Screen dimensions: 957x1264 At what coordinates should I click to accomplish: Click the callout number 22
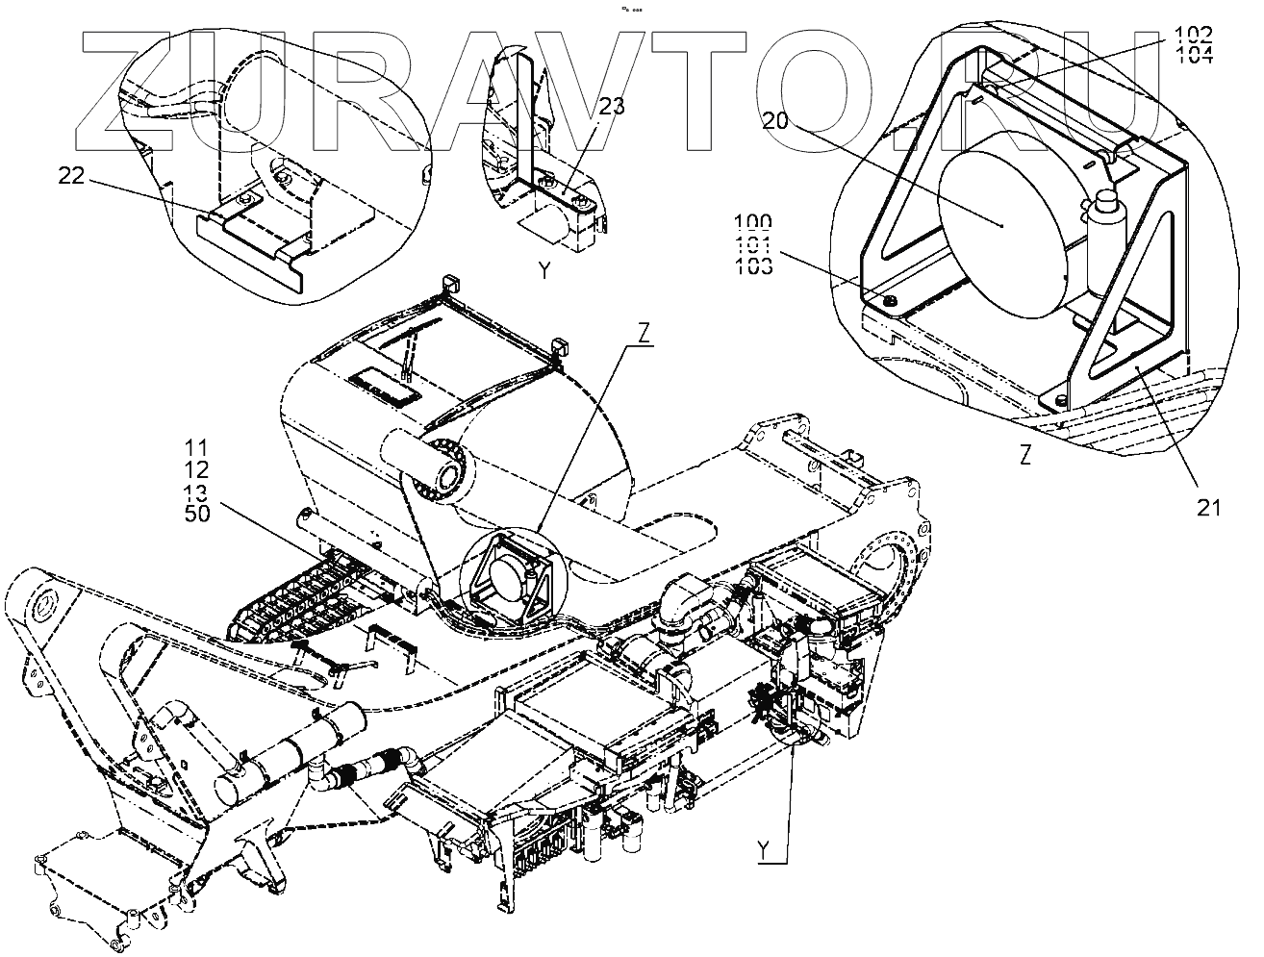click(x=72, y=176)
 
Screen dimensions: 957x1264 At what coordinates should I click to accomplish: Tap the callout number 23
click(x=612, y=108)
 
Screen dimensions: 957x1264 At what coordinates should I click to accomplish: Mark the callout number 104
click(x=1193, y=54)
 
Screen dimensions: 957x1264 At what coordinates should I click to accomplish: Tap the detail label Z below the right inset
click(x=1026, y=457)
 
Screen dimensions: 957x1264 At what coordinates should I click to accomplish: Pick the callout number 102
click(x=1193, y=36)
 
